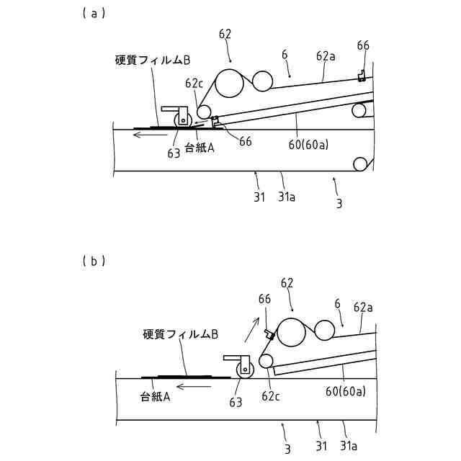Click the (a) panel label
point(95,12)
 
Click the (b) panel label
point(95,261)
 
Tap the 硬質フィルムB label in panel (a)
point(152,60)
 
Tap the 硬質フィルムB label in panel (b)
point(181,334)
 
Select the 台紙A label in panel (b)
point(155,395)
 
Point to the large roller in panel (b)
point(292,334)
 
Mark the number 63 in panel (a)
point(174,153)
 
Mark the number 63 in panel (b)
point(236,403)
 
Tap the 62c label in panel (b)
point(271,395)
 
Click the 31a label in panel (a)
point(287,196)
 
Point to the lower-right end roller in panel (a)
point(359,164)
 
